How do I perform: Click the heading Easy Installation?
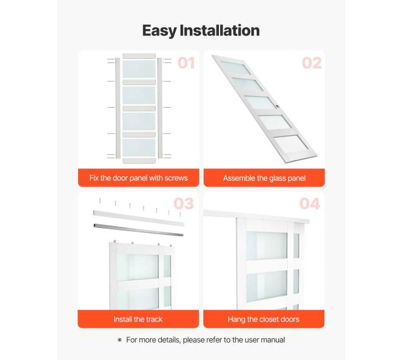tap(201, 31)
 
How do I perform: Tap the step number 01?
tap(186, 63)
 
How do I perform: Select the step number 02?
tap(312, 63)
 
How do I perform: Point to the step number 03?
tap(184, 204)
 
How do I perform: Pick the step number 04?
tap(309, 204)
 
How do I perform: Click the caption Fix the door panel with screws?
tap(138, 178)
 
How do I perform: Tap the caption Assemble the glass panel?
tap(264, 178)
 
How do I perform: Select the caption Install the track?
tap(138, 319)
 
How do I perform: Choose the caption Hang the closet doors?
tap(263, 319)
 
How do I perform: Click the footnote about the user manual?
tap(205, 340)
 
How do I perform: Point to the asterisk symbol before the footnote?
tap(120, 340)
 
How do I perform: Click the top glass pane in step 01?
tap(139, 69)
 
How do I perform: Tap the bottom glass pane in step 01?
tap(139, 147)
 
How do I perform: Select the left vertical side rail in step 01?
tap(117, 108)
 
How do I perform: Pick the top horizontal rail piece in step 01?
tap(139, 56)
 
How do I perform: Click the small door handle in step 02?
tap(278, 106)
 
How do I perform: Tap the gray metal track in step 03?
tap(138, 229)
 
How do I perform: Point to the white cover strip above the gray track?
tap(139, 218)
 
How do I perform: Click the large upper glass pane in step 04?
tap(267, 245)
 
